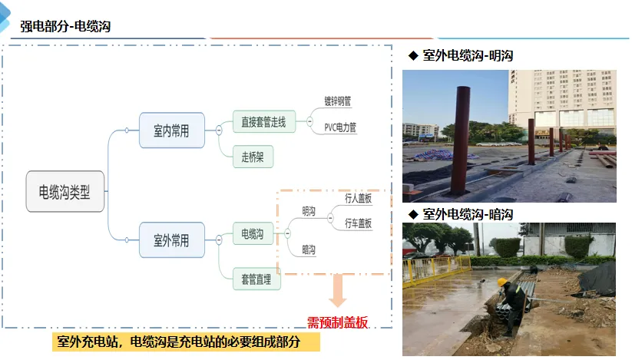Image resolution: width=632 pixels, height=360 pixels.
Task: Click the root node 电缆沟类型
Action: pyautogui.click(x=65, y=191)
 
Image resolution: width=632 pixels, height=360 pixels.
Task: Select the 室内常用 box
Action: pyautogui.click(x=171, y=130)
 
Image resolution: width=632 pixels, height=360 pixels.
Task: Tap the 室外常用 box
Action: pyautogui.click(x=171, y=239)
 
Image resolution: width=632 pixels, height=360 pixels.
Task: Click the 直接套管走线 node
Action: pyautogui.click(x=263, y=121)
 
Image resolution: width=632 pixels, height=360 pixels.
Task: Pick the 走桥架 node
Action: pyautogui.click(x=253, y=157)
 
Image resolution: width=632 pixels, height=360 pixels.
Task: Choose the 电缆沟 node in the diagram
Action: pyautogui.click(x=253, y=233)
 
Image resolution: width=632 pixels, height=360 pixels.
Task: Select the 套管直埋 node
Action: pyautogui.click(x=256, y=277)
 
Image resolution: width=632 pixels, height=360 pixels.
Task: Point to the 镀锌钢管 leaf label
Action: pyautogui.click(x=338, y=101)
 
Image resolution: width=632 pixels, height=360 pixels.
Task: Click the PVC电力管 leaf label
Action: pyautogui.click(x=340, y=127)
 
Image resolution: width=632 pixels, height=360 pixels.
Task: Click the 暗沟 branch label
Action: pyautogui.click(x=309, y=249)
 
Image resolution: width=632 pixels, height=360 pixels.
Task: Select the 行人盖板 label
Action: pyautogui.click(x=358, y=198)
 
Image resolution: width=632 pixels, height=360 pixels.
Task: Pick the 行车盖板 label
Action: pyautogui.click(x=358, y=223)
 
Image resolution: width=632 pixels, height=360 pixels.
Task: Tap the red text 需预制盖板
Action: pyautogui.click(x=338, y=322)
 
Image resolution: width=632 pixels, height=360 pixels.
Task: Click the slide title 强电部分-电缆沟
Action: pyautogui.click(x=65, y=27)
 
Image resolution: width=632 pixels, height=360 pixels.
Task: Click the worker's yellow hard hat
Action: pyautogui.click(x=502, y=282)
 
